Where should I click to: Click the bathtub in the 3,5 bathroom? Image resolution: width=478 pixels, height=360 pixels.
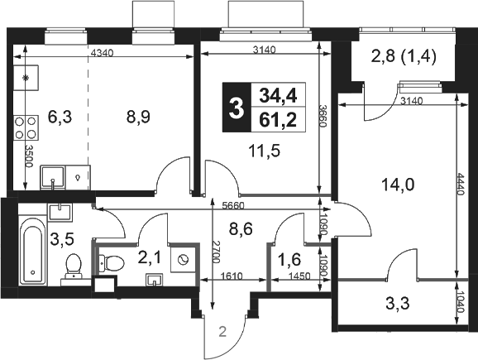point(32,251)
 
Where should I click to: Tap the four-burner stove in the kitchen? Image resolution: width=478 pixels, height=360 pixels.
point(26,127)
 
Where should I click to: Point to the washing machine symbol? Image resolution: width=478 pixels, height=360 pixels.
point(183,260)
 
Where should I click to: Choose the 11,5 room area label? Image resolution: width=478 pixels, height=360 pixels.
point(265,151)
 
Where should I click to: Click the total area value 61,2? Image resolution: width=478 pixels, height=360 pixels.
point(278,120)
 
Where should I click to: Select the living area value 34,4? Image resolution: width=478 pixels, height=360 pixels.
point(278,95)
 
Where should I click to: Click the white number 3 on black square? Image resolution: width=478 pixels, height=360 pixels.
point(237,108)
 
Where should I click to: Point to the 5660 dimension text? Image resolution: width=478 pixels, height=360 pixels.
point(233,206)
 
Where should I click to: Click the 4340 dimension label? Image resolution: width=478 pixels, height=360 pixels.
point(102,53)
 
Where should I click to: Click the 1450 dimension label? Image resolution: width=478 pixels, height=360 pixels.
point(299,276)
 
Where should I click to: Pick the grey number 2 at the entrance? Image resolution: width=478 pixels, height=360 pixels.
point(222,332)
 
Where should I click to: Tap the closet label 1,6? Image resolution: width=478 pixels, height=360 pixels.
point(289,259)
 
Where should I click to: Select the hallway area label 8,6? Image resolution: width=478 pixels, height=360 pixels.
point(241,229)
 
